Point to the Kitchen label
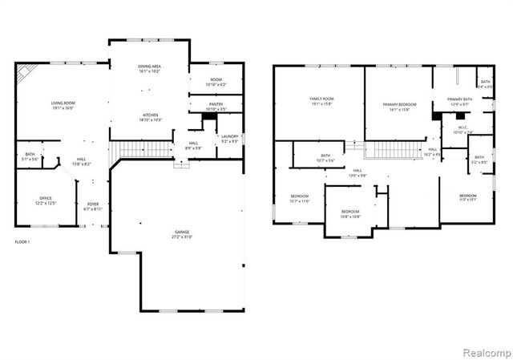[x=149, y=115]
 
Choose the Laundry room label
[x=230, y=137]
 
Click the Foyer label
[x=93, y=204]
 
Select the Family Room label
[x=321, y=99]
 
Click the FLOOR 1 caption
[x=22, y=241]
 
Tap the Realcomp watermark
[x=489, y=351]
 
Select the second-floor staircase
[x=392, y=150]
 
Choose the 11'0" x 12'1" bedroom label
[x=468, y=200]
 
